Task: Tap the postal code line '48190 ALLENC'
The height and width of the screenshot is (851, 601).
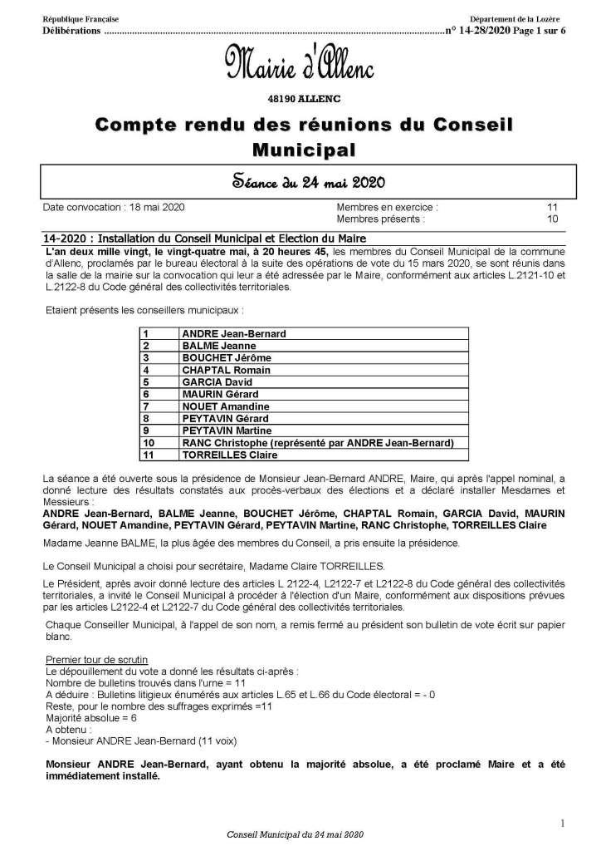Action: coord(301,98)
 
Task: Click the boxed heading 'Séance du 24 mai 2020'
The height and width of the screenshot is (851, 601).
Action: coord(300,181)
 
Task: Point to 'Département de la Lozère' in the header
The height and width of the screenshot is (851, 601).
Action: coord(516,18)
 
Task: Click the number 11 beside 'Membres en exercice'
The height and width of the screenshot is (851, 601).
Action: coord(553,205)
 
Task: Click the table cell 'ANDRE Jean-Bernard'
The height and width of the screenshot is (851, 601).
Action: coord(234,333)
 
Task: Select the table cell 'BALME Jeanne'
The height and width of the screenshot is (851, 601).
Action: coord(219,345)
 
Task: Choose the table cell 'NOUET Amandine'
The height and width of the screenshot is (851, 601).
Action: coord(225,406)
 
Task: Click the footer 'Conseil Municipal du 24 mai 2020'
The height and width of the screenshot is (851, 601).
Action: coord(296,834)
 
